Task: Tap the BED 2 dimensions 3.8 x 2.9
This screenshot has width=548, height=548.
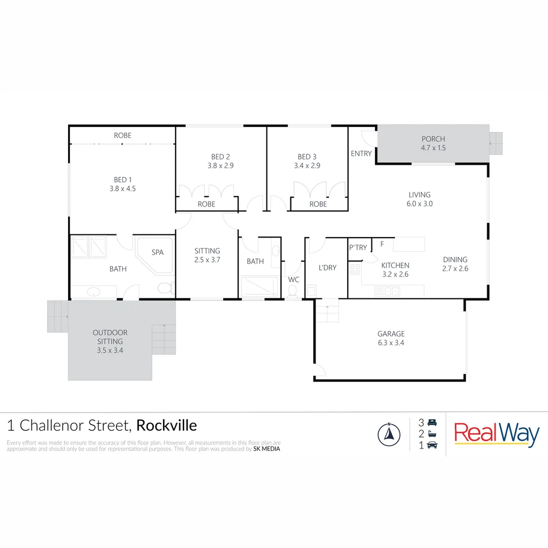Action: (221, 165)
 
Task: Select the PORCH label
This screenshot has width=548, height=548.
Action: (433, 139)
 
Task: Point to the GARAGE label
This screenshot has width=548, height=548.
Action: (391, 334)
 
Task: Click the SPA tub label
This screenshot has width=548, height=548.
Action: (157, 252)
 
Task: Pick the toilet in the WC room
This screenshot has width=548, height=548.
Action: (292, 291)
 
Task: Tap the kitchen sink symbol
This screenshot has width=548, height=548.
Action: (387, 291)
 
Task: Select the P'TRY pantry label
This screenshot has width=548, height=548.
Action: (358, 248)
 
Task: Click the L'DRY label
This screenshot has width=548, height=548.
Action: (327, 267)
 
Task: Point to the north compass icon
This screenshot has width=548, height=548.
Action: (389, 434)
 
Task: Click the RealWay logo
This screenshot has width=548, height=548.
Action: (497, 434)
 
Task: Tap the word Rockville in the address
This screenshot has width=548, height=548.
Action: (166, 425)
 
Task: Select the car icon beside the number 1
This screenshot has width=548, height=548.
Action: (432, 445)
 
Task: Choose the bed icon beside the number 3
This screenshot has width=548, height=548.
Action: (432, 422)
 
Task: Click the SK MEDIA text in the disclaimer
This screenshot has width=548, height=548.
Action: (266, 449)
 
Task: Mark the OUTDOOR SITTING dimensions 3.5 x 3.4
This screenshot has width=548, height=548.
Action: (110, 350)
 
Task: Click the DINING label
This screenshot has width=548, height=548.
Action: (455, 259)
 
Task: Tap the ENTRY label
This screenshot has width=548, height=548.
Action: (361, 153)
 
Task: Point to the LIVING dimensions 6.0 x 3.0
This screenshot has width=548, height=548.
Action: (420, 203)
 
